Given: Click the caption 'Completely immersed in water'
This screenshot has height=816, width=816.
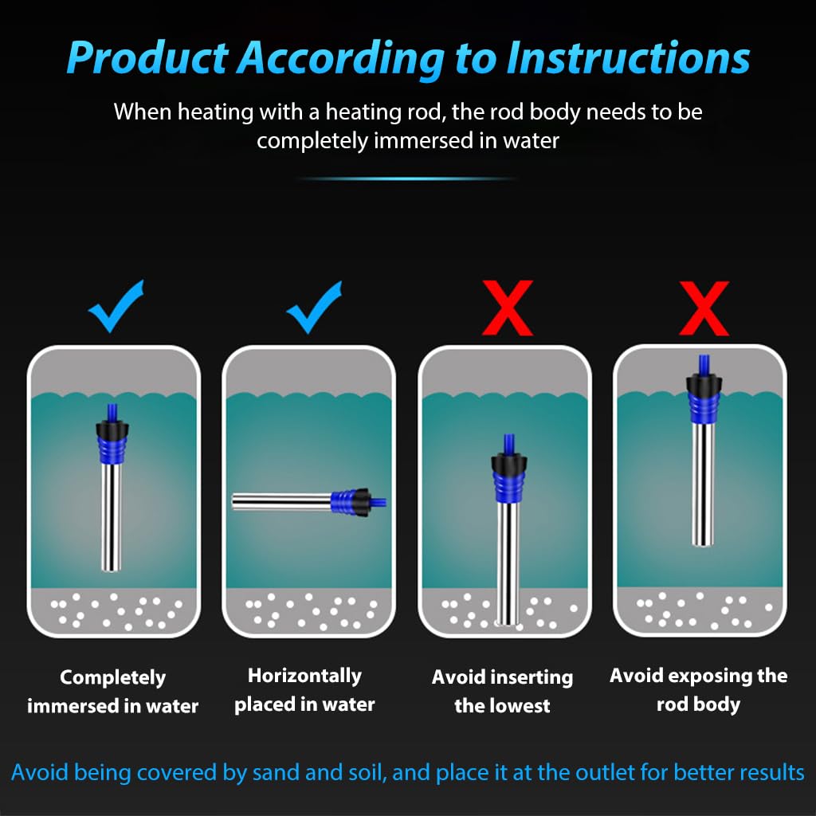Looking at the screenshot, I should tap(113, 692).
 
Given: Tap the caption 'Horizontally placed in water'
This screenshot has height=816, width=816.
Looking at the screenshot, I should tap(304, 690).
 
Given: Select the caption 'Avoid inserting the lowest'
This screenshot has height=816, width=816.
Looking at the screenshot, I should tap(502, 692).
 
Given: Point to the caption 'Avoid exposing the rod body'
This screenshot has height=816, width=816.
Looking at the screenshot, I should tap(698, 690).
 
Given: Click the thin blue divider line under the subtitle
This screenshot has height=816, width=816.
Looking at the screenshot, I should tap(407, 178).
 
